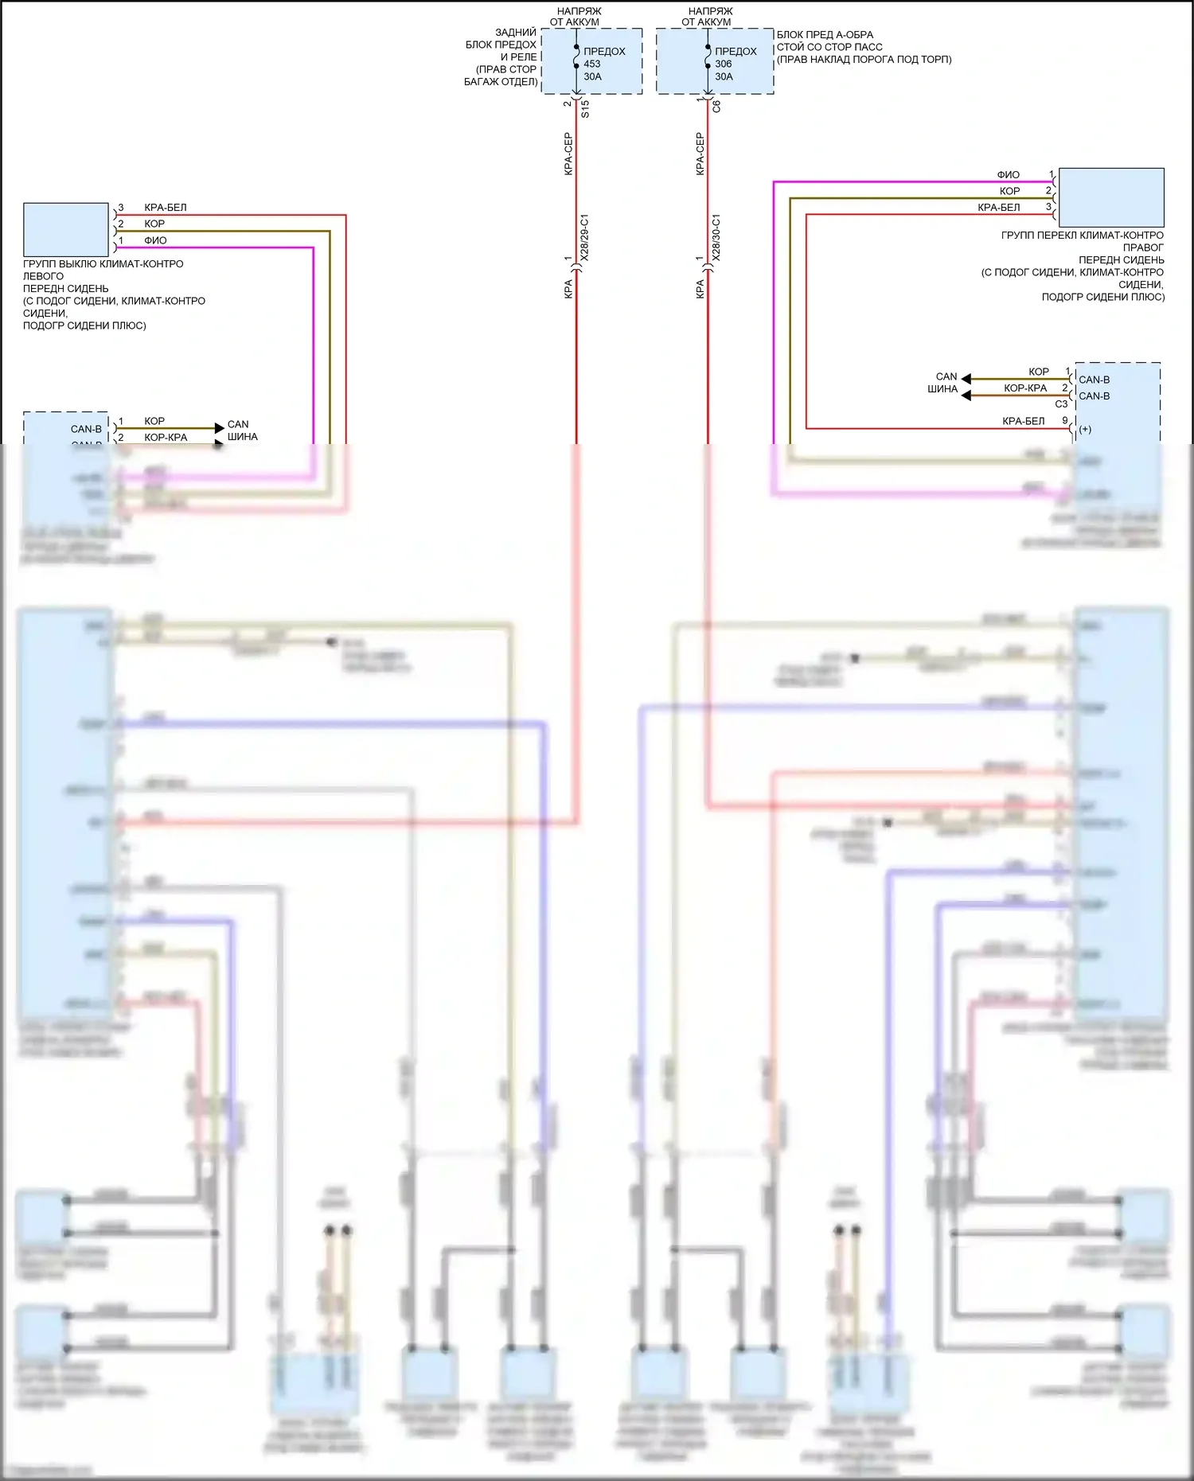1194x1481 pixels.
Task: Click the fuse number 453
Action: point(592,64)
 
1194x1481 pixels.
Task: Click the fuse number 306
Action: point(723,64)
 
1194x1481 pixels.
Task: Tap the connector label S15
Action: point(585,109)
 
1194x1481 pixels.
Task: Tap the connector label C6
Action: point(716,106)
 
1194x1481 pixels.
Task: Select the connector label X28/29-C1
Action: point(584,237)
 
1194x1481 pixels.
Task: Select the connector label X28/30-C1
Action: point(716,237)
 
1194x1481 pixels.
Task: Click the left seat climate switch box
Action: point(66,230)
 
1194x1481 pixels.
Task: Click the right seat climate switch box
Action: point(1111,197)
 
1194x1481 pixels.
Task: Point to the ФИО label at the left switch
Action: point(155,240)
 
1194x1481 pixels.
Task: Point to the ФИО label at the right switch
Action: point(1008,174)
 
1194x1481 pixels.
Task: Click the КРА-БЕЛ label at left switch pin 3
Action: point(166,208)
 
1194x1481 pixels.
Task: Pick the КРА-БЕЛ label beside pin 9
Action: point(1023,421)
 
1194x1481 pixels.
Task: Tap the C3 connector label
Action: point(1061,404)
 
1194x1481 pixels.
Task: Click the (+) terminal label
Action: point(1085,430)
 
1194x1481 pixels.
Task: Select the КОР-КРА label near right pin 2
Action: point(1025,388)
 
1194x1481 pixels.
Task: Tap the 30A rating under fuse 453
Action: point(592,76)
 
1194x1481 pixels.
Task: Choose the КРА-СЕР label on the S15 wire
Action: point(568,154)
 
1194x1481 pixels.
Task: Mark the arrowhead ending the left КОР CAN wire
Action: point(220,428)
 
